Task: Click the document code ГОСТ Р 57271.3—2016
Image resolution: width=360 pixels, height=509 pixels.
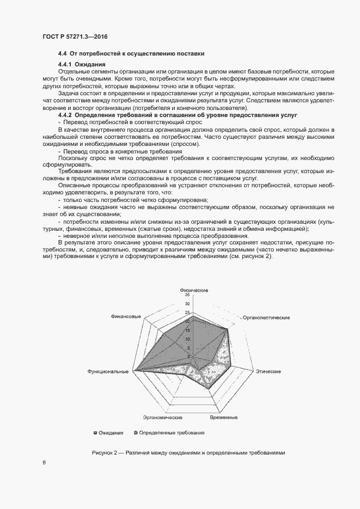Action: pyautogui.click(x=75, y=36)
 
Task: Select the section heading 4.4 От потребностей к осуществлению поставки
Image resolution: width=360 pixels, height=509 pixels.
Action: pyautogui.click(x=131, y=54)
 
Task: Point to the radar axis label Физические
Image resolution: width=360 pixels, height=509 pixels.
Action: pyautogui.click(x=193, y=290)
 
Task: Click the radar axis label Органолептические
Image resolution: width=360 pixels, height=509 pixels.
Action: pyautogui.click(x=266, y=317)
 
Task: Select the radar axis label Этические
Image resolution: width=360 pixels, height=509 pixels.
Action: pyautogui.click(x=269, y=371)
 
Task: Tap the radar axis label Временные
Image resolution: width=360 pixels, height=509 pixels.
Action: pyautogui.click(x=223, y=418)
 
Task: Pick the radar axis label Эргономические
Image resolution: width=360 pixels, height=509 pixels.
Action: pyautogui.click(x=162, y=418)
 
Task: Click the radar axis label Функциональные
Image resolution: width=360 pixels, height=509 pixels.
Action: pyautogui.click(x=108, y=371)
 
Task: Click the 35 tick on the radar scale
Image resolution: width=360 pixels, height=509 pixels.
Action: pyautogui.click(x=187, y=295)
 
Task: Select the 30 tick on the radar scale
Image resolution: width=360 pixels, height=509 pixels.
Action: pyautogui.click(x=187, y=304)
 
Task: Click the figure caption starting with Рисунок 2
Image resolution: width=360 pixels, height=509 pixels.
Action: pyautogui.click(x=188, y=453)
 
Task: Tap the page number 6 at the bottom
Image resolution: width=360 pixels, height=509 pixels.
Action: pyautogui.click(x=44, y=463)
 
